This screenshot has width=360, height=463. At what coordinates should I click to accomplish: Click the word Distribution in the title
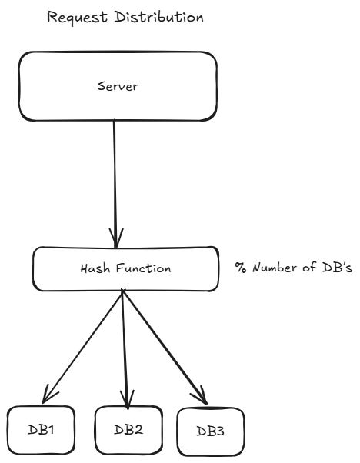153,17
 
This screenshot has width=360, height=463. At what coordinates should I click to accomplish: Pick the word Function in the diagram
138,270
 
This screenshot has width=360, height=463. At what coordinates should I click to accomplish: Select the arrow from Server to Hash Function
115,177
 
